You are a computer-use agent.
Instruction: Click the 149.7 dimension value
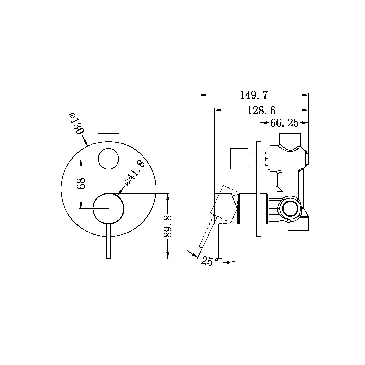(254, 95)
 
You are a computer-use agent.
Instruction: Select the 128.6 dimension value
(261, 110)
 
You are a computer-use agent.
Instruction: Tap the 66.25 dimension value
(284, 123)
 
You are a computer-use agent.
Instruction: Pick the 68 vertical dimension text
(81, 184)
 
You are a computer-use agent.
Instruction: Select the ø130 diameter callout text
(76, 123)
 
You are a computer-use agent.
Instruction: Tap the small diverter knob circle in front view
(108, 158)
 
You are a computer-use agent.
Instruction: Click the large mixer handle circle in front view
(108, 209)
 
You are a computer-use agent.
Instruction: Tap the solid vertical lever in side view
(221, 242)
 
